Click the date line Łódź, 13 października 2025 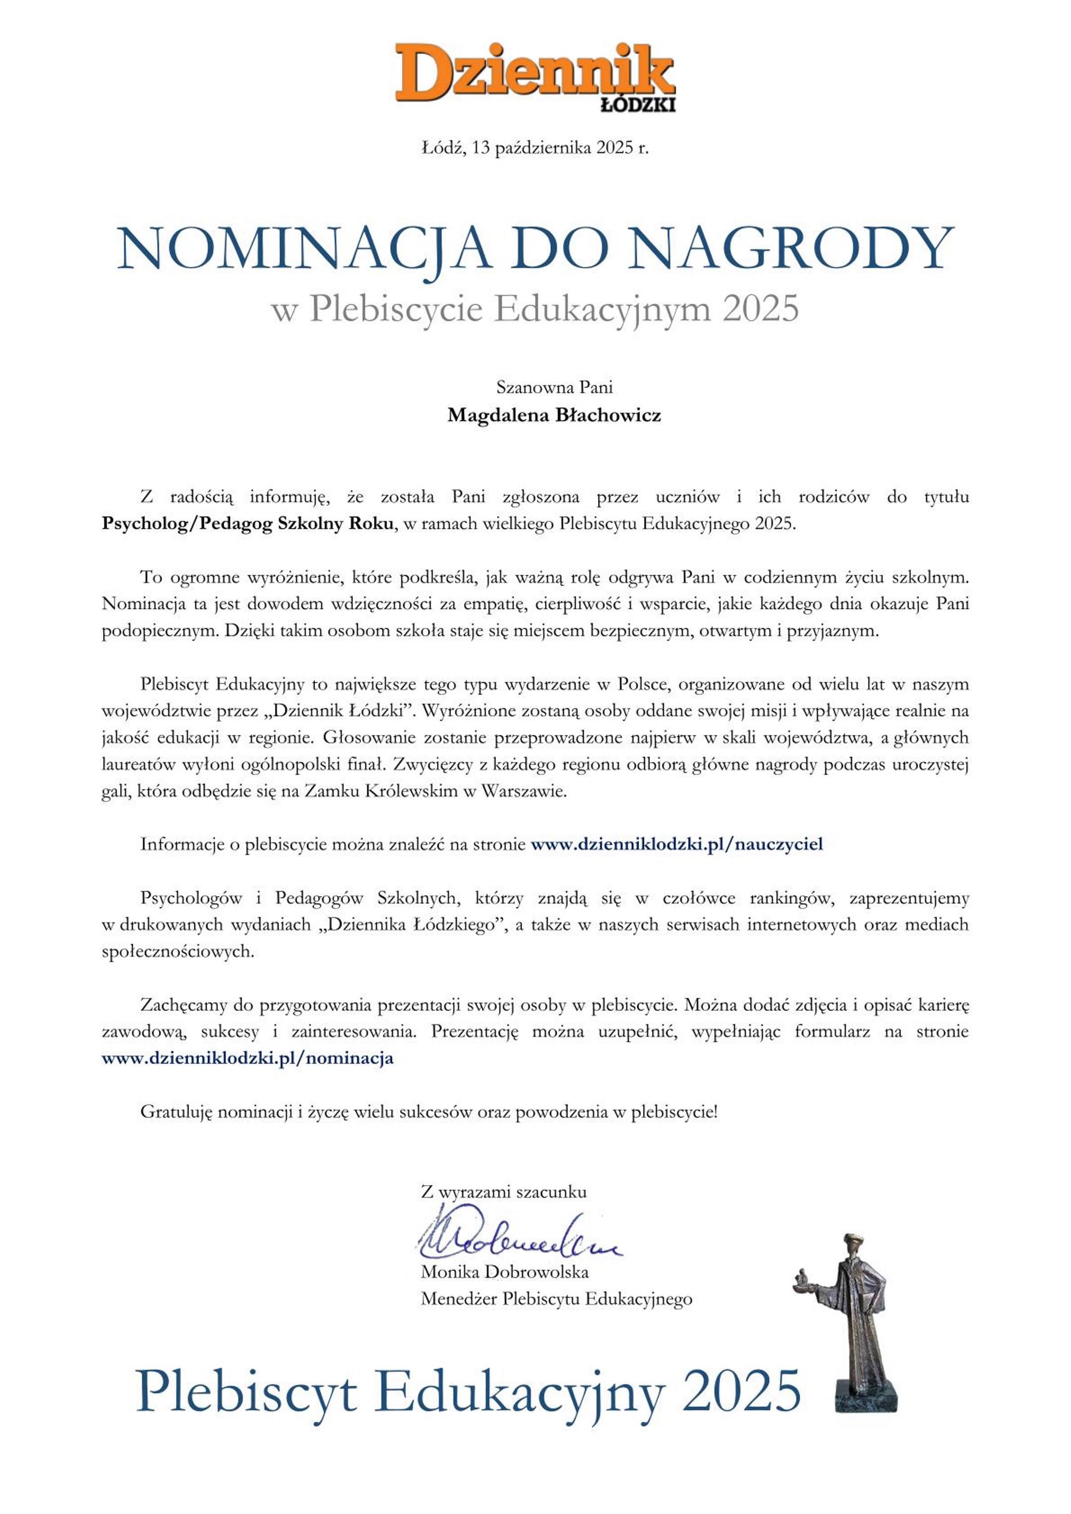(535, 148)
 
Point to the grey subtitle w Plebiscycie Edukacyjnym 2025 (535, 309)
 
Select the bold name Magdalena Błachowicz (554, 416)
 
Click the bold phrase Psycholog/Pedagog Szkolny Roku (247, 525)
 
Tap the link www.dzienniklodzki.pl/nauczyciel (677, 845)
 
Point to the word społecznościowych (178, 952)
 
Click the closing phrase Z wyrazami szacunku (503, 1192)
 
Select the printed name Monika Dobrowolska (504, 1272)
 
